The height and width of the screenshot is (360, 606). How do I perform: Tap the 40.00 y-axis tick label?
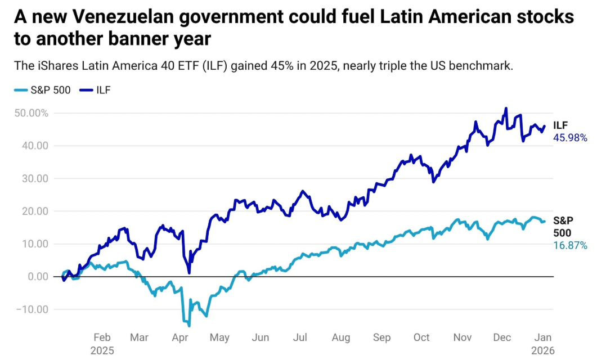[x=37, y=146]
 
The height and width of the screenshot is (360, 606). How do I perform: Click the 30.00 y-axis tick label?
[x=37, y=178]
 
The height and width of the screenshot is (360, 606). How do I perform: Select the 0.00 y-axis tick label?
[x=39, y=276]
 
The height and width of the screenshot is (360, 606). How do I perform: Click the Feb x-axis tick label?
[x=102, y=337]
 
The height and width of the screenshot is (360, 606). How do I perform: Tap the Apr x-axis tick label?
[x=180, y=337]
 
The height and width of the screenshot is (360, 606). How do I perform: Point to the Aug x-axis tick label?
[x=341, y=337]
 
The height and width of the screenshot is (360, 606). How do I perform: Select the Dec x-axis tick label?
[x=502, y=337]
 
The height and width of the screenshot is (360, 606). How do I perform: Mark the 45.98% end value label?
[x=570, y=137]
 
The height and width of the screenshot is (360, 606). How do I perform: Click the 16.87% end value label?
[x=570, y=245]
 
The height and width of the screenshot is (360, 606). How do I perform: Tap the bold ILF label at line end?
[x=561, y=126]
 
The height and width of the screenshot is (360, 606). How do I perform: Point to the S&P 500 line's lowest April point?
[x=189, y=326]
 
